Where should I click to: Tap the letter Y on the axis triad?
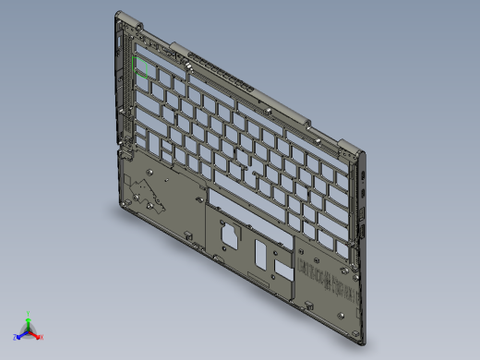[x=29, y=313]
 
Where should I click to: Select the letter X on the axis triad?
[x=42, y=336]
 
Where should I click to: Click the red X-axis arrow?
[x=36, y=333]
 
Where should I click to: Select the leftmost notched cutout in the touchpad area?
[x=228, y=234]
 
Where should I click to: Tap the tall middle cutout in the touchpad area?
[x=259, y=253]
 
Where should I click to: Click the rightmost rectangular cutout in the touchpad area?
[x=281, y=269]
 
